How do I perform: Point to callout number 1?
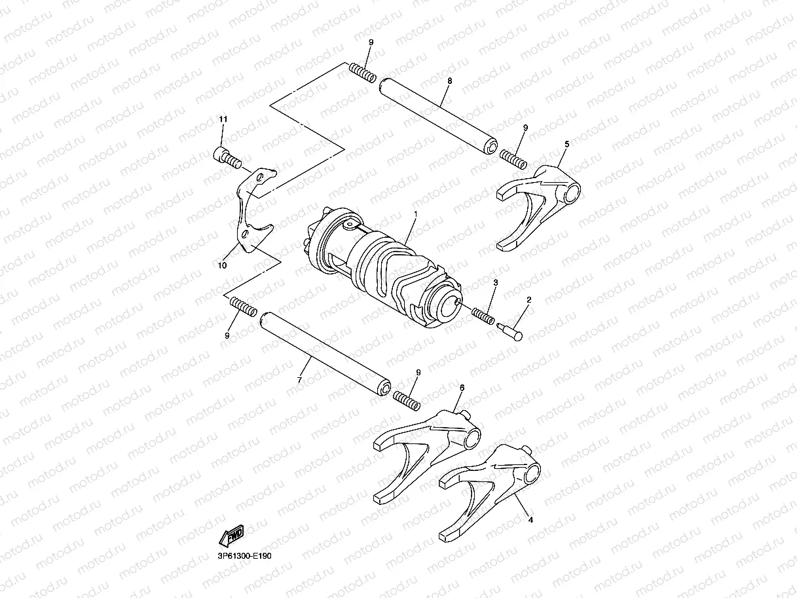pos(415,214)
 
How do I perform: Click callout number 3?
pos(496,283)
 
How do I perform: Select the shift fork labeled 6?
pos(426,453)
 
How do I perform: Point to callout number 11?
pos(223,119)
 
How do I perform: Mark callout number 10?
pos(223,265)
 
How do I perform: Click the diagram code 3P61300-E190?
pos(236,555)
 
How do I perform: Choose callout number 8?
pos(450,80)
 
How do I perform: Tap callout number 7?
pos(299,379)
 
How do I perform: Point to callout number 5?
pos(566,143)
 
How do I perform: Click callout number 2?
pos(529,299)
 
